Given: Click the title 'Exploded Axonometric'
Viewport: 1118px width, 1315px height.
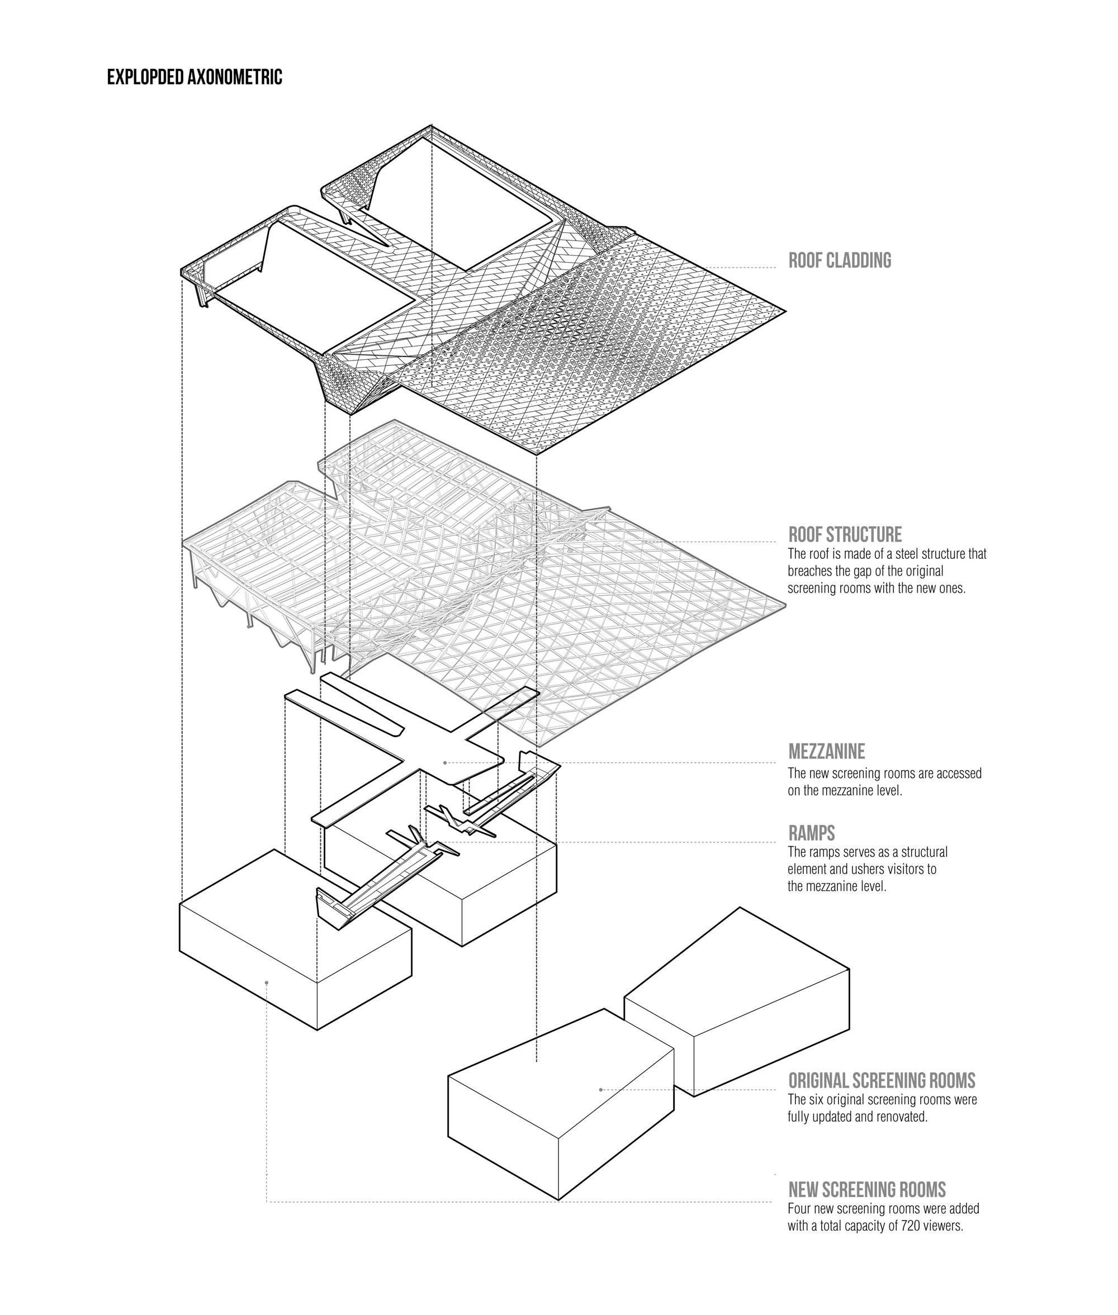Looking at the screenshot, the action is pos(195,77).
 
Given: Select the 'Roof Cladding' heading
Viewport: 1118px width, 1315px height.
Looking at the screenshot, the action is pos(840,260).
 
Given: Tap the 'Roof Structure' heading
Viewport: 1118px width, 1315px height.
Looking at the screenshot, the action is pos(845,534).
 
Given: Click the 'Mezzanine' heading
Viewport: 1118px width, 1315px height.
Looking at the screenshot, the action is pos(826,752).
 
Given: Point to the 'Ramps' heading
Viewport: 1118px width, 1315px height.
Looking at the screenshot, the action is pos(811,833).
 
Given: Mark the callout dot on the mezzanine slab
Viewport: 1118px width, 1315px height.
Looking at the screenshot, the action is pos(445,762).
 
